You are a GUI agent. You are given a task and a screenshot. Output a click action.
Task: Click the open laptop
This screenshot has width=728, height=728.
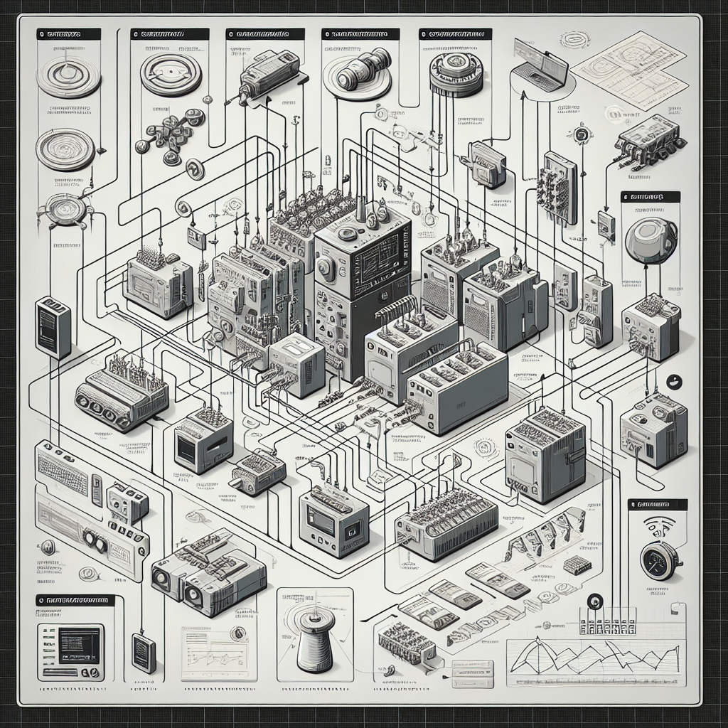coord(542,64)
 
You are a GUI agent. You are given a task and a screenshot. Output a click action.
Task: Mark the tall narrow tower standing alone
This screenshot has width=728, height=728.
coord(53,326)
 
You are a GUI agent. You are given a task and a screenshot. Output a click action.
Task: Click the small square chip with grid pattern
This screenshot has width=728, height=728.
coord(577,565)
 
